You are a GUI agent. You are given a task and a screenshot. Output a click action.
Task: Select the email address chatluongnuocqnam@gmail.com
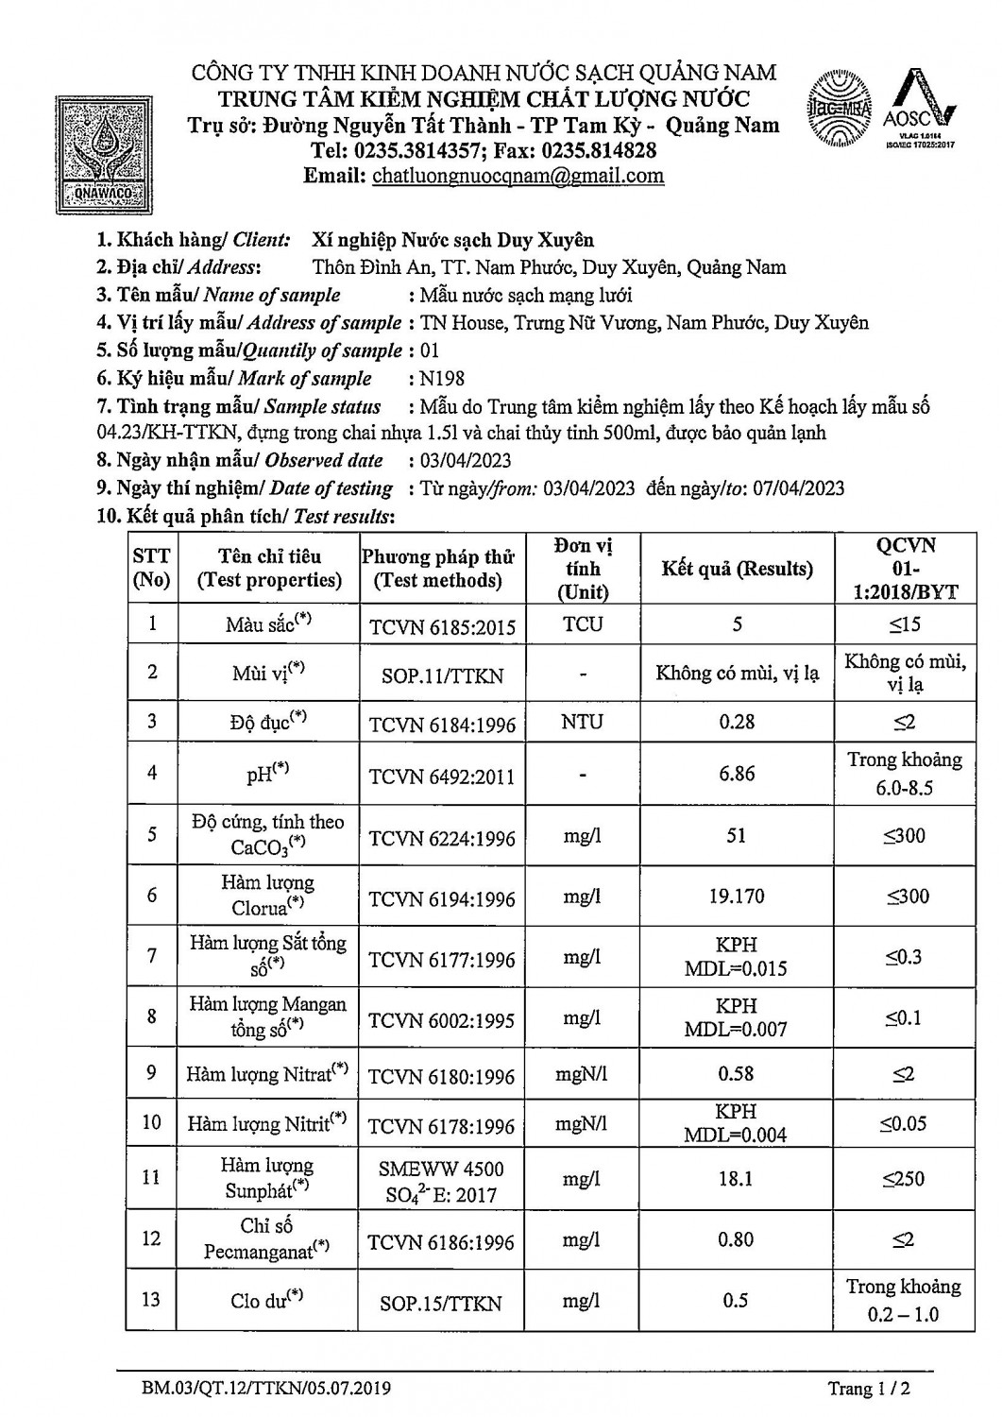point(518,176)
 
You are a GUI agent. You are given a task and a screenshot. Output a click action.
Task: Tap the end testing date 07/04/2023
point(799,488)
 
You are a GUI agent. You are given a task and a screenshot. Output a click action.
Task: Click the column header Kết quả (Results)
point(737,569)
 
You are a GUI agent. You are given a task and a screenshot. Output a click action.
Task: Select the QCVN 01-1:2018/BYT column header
point(905,569)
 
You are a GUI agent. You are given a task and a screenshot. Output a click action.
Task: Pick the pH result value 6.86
point(737,774)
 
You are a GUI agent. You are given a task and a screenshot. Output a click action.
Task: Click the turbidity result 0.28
point(737,722)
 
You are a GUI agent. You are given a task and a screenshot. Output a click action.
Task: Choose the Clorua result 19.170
point(737,896)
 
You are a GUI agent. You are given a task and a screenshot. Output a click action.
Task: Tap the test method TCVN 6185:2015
point(442,625)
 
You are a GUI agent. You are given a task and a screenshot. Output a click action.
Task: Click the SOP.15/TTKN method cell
point(441,1303)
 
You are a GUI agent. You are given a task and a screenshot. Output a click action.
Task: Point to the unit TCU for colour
point(583,624)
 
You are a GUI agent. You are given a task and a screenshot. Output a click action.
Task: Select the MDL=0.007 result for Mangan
point(736,1030)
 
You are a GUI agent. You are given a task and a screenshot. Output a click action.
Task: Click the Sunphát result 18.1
point(737,1178)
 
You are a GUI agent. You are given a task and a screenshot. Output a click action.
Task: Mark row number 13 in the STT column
point(151,1299)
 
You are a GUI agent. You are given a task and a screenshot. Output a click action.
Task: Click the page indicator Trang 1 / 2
point(869,1389)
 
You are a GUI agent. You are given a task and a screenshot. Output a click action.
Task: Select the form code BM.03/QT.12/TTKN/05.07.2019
point(266,1389)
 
